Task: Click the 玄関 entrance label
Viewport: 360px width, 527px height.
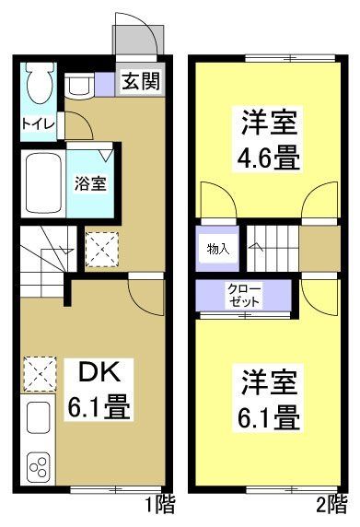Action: click(x=141, y=80)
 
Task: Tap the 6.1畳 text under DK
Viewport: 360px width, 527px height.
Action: click(x=99, y=406)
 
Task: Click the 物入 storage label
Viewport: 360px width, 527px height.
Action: click(x=217, y=249)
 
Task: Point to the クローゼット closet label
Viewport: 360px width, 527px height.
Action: click(x=244, y=295)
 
